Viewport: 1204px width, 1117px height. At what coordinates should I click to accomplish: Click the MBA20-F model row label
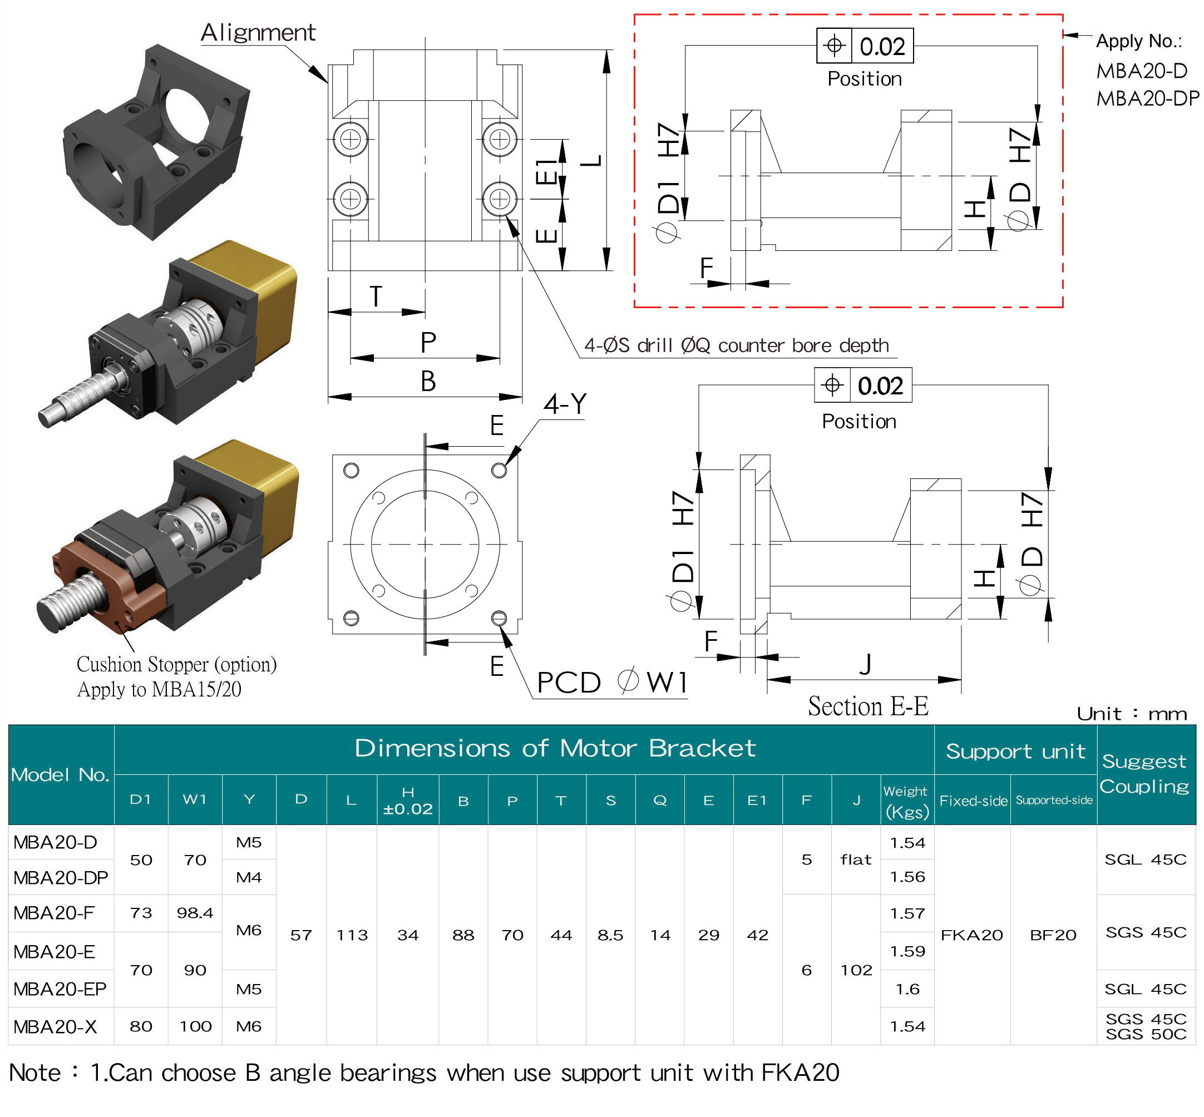pos(53,913)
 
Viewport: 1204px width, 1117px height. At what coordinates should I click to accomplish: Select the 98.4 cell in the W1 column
pos(195,913)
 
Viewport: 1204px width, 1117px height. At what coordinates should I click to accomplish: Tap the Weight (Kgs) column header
pos(907,802)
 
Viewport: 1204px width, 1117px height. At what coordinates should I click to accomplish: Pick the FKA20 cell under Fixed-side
pos(971,935)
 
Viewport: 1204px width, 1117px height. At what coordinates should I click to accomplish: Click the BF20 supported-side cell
pos(1053,935)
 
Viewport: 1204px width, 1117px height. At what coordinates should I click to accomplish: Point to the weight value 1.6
pos(907,989)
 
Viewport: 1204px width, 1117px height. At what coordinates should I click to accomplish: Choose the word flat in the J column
pos(856,859)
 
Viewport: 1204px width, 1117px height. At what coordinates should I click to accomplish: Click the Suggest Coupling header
pos(1144,774)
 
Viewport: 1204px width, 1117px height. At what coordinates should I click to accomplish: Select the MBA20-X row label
pos(55,1026)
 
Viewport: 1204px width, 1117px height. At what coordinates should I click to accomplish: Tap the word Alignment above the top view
pos(258,33)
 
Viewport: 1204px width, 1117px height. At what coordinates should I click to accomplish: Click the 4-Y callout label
pos(565,404)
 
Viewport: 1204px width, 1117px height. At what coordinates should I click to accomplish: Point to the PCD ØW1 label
pos(612,682)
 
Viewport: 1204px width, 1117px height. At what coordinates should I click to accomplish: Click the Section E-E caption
pos(868,706)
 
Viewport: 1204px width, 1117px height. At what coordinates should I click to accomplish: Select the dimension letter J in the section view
pos(865,664)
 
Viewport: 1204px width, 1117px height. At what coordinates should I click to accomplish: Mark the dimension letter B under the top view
pos(428,382)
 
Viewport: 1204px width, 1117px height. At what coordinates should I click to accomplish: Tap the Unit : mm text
pos(1132,714)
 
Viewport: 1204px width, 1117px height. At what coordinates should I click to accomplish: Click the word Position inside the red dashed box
pos(864,79)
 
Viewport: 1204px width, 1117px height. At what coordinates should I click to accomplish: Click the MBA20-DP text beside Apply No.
pos(1148,98)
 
